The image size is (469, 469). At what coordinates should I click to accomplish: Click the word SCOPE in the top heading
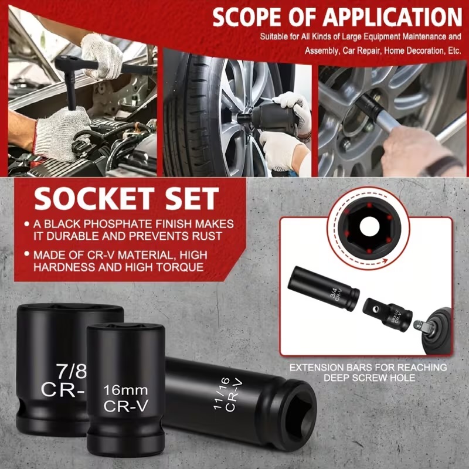coord(247,17)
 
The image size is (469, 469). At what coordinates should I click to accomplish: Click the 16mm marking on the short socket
coord(125,390)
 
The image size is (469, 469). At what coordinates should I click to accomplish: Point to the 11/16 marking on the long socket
coord(222,393)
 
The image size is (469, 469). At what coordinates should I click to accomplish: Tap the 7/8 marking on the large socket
coord(72,371)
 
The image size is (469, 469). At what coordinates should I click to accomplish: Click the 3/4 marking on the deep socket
coord(334,291)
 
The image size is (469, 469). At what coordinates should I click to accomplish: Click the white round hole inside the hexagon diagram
coord(369,227)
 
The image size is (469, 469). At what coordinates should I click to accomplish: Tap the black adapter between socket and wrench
coord(388,315)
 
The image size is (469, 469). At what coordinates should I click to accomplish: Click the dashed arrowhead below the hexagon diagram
coord(384,261)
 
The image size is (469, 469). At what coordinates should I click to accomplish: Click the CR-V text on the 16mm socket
coord(125,406)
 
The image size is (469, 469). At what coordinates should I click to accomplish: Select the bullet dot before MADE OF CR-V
coord(27,254)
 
